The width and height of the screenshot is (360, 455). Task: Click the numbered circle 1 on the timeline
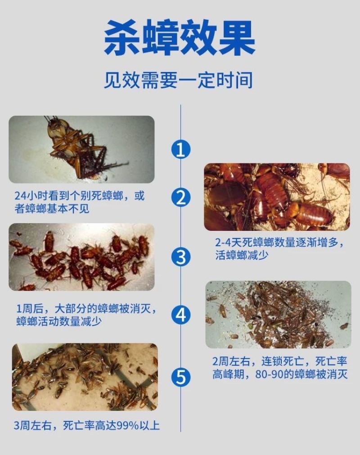(181, 149)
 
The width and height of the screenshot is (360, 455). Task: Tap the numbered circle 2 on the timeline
(181, 198)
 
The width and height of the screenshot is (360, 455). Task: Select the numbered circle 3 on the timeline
(181, 257)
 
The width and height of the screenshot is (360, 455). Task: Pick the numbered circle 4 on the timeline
(181, 315)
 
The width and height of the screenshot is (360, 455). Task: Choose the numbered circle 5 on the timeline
(181, 377)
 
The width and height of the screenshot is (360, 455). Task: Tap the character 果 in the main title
(237, 37)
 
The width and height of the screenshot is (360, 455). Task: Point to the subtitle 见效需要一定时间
(178, 80)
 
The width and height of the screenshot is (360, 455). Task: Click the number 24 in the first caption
(20, 196)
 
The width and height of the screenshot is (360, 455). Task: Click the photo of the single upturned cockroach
(81, 149)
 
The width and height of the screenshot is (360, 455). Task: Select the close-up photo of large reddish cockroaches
(277, 197)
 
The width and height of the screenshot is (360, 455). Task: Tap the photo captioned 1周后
(81, 257)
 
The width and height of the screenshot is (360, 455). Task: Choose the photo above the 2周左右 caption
(279, 315)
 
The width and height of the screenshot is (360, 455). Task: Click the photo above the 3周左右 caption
(85, 377)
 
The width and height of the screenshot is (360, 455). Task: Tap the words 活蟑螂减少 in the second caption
(242, 255)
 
